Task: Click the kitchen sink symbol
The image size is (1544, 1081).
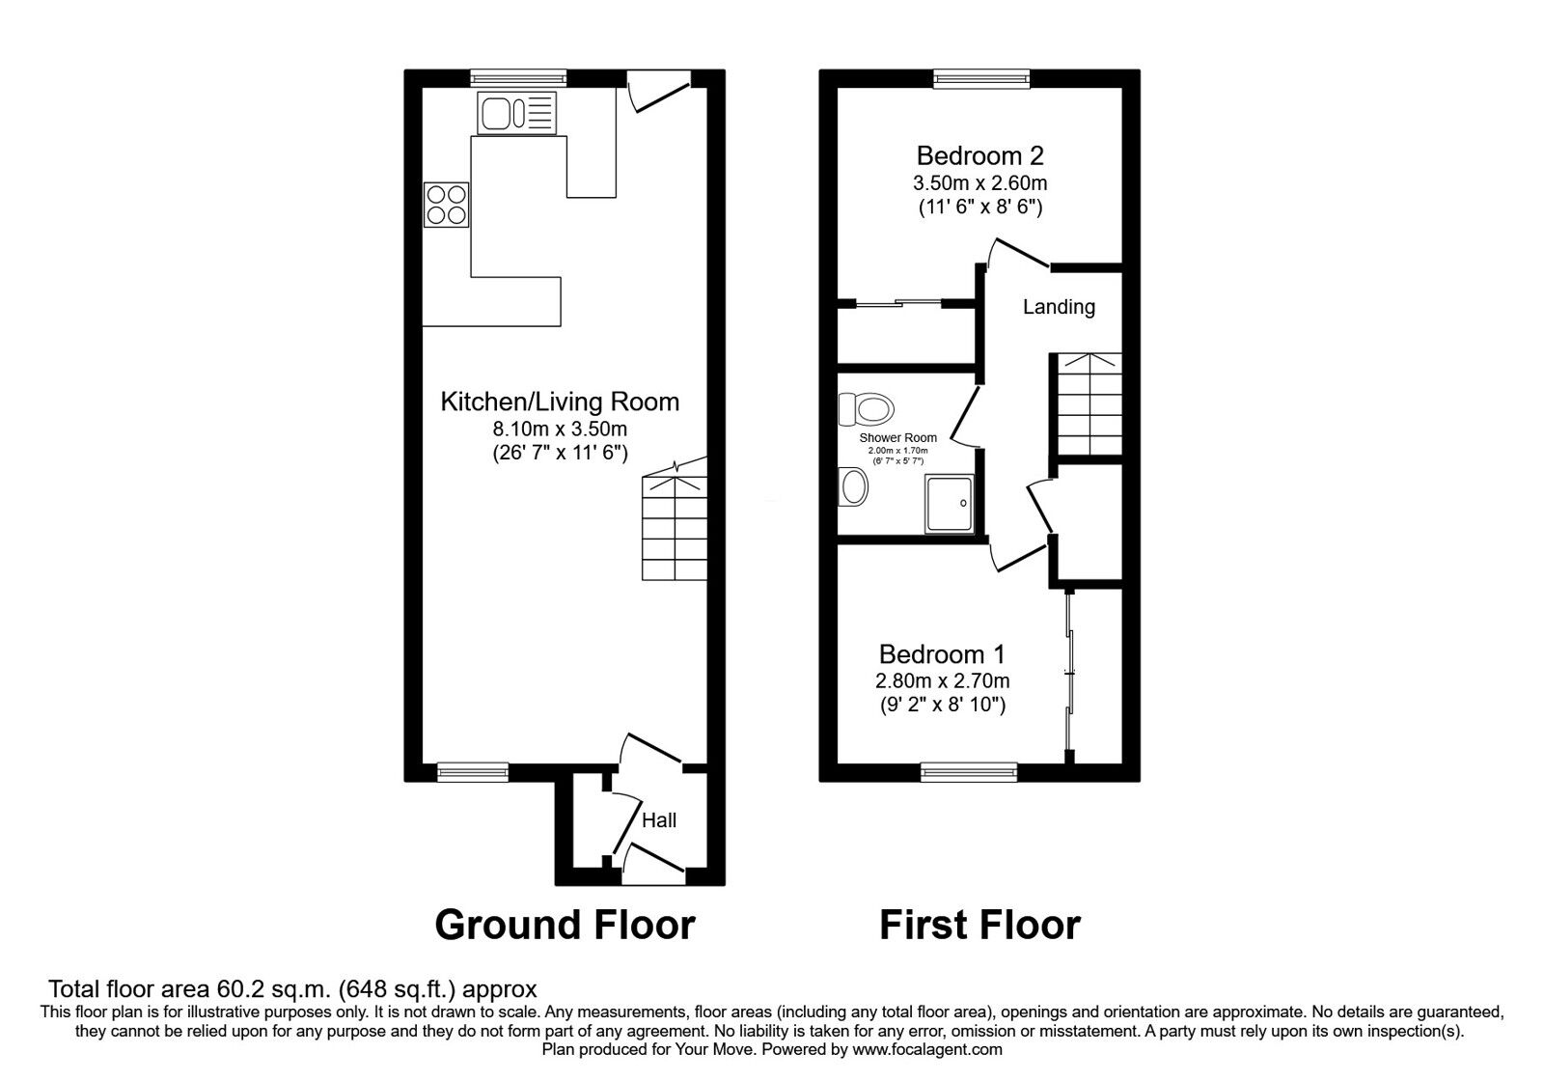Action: [x=517, y=113]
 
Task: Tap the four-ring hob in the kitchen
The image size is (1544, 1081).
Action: [x=446, y=205]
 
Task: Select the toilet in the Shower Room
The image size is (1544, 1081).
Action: [x=866, y=409]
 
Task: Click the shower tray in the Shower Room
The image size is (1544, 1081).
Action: [x=950, y=504]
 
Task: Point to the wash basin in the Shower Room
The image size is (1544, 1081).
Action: [x=853, y=486]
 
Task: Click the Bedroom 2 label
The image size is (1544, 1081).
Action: [x=979, y=155]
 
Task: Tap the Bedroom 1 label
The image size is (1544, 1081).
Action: [x=942, y=653]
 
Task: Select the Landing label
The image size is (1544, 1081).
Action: [x=1059, y=307]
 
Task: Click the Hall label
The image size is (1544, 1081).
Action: [x=659, y=819]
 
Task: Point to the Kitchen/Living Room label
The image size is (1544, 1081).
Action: [x=560, y=402]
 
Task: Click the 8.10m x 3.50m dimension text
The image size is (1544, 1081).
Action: [x=560, y=429]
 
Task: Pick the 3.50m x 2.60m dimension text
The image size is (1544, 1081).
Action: [x=980, y=183]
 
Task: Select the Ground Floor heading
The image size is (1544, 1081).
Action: [x=565, y=926]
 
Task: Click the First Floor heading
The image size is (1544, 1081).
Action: [x=979, y=926]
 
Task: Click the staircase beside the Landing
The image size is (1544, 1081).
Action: [x=1089, y=403]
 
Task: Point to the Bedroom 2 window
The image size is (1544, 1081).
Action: [x=981, y=78]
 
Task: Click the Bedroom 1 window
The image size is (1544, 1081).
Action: [x=969, y=772]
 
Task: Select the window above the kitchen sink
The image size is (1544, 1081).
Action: [x=518, y=78]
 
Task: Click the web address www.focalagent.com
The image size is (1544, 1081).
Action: [x=927, y=1050]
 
